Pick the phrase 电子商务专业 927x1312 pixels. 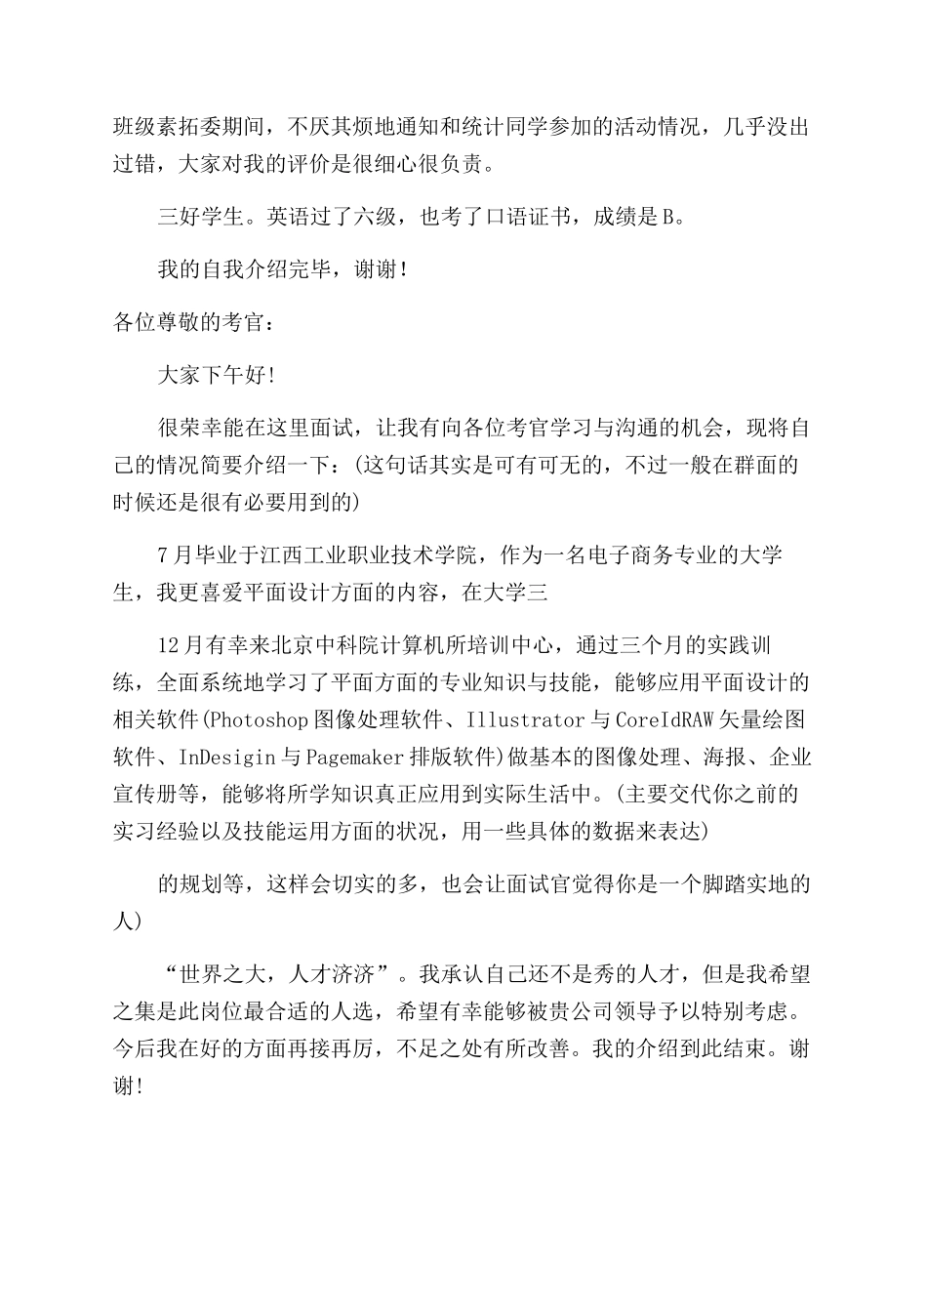click(x=655, y=555)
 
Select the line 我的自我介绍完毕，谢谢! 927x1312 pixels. click(x=282, y=270)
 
